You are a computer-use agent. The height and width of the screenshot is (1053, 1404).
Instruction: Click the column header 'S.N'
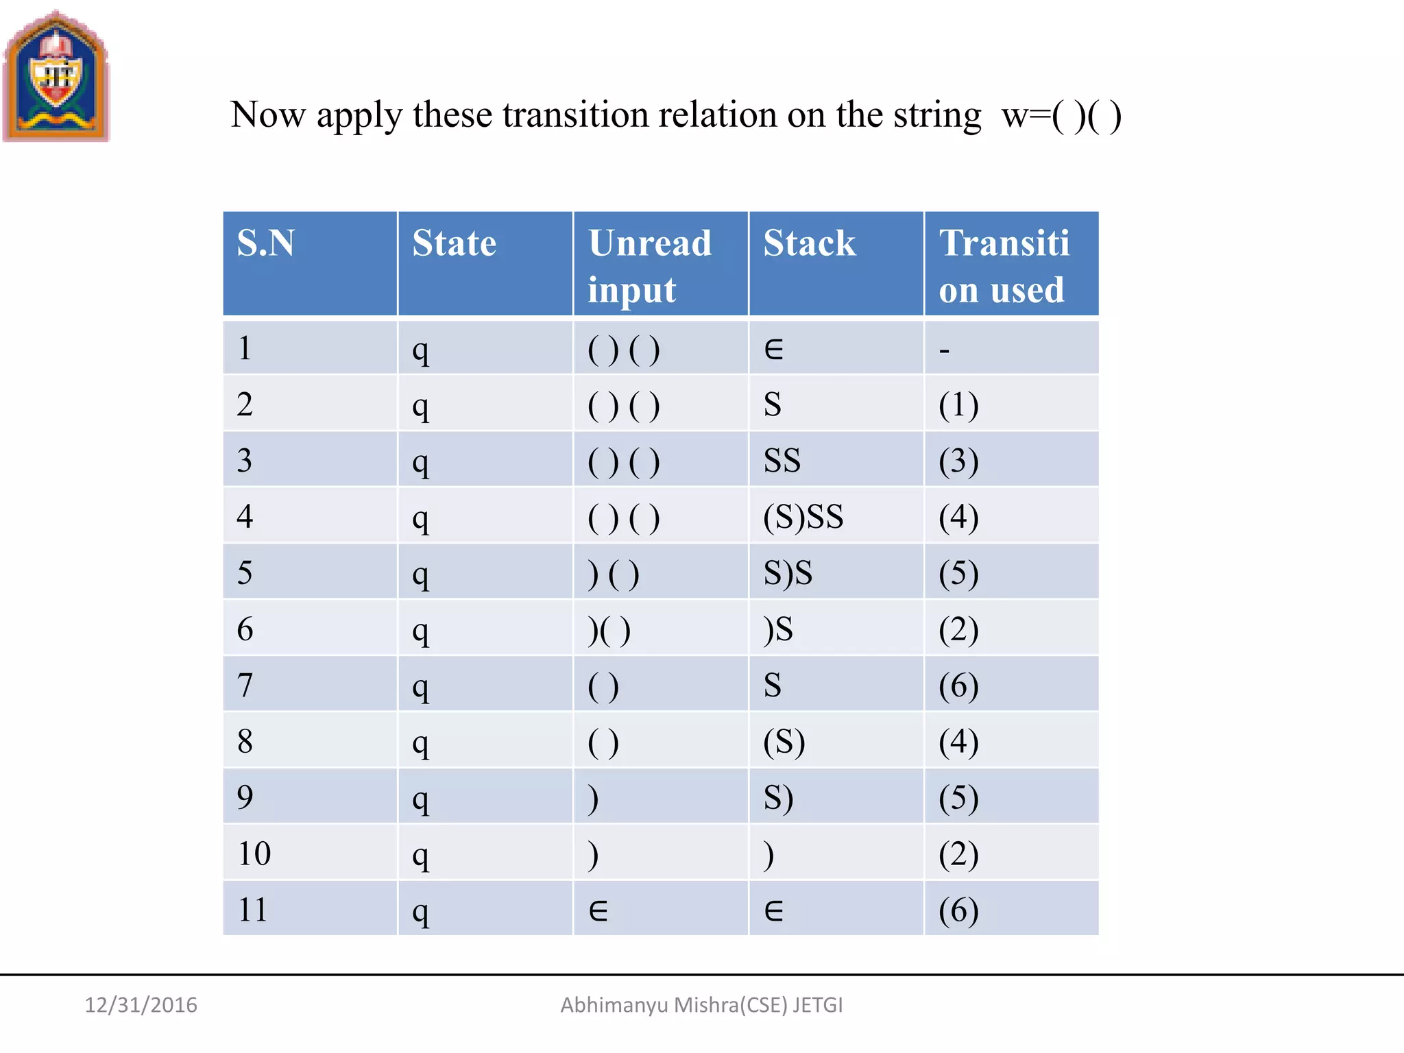click(x=266, y=243)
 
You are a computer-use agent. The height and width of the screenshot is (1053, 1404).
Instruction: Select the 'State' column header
click(x=454, y=243)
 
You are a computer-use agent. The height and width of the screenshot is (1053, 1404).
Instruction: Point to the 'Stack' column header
click(x=810, y=243)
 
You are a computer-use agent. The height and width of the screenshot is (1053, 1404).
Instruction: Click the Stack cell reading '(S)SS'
click(x=803, y=517)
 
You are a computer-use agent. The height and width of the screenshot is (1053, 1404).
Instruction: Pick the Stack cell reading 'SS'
click(x=782, y=461)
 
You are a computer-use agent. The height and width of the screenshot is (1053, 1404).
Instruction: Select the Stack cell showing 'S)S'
click(x=788, y=573)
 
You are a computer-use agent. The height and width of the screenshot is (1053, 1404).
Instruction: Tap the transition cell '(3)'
click(x=958, y=461)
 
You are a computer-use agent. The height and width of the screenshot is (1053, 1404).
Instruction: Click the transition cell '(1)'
click(x=958, y=404)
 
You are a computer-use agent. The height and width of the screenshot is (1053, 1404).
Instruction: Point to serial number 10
click(x=254, y=854)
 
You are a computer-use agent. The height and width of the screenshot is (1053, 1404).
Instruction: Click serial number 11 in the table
click(x=252, y=910)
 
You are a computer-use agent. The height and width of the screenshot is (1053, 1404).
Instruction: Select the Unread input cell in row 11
click(x=598, y=910)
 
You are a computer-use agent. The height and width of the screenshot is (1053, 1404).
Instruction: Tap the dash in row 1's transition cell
click(x=945, y=350)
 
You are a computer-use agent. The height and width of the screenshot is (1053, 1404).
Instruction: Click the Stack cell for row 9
click(x=779, y=798)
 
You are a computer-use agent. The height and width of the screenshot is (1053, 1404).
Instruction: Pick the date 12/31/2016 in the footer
click(x=141, y=1005)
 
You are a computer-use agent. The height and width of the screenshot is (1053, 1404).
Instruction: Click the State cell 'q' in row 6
click(x=421, y=631)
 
